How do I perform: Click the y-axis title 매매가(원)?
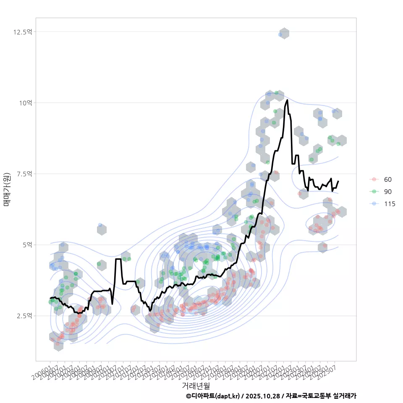pos(7,189)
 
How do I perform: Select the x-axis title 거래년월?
pos(196,385)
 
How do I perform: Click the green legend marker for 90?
pos(374,192)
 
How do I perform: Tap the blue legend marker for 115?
pos(374,204)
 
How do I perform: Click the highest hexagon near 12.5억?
pos(284,34)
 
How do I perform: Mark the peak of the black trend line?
pos(287,100)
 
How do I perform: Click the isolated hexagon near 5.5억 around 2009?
pos(102,230)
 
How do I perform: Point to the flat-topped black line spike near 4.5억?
pos(118,259)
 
